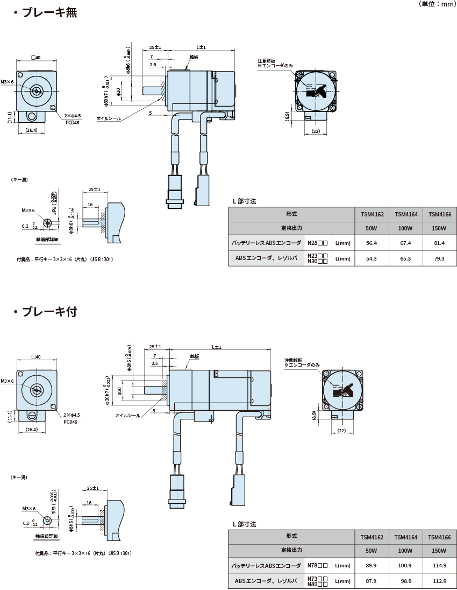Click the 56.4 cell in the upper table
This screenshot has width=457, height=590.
(372, 243)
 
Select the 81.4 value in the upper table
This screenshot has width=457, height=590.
(439, 243)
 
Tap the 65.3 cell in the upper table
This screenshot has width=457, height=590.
(405, 259)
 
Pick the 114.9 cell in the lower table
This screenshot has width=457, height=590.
(439, 565)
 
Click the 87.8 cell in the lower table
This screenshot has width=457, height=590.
(371, 581)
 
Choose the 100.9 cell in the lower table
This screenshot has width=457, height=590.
(405, 565)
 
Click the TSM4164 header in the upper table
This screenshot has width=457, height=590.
(405, 214)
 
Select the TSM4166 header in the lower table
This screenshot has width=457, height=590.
(439, 537)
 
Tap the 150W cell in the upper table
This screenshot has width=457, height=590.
(439, 228)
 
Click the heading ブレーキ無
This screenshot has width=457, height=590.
(49, 12)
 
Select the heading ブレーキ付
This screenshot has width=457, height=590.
(49, 312)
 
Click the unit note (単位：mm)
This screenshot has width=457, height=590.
(436, 4)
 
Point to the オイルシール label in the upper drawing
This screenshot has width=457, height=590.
(110, 118)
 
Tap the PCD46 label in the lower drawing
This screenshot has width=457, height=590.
(70, 423)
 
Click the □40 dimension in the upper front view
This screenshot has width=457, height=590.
(37, 58)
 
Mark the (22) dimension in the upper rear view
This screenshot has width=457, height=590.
(316, 131)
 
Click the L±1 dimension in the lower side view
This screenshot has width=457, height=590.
(217, 347)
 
